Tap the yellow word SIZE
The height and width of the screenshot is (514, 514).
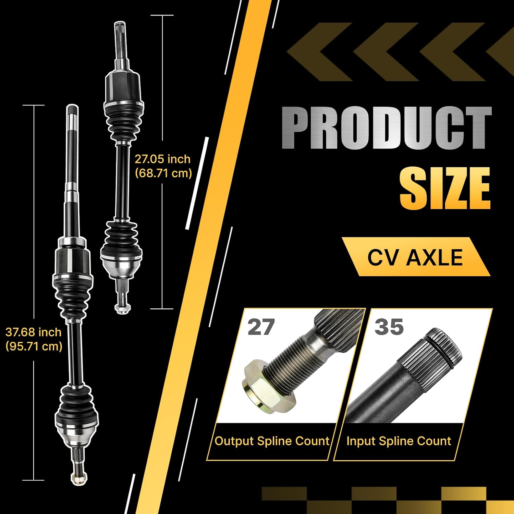point(444,188)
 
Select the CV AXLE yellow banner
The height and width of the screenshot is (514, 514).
point(415,257)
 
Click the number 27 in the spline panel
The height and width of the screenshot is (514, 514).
point(261,327)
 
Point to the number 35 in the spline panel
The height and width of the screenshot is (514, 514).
point(389,327)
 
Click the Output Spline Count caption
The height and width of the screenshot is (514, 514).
point(272,441)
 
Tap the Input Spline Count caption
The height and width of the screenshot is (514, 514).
point(399,441)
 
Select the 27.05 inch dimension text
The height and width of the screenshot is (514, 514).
point(162,159)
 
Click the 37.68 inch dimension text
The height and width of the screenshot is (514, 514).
point(33,332)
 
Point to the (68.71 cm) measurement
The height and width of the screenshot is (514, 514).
point(163,173)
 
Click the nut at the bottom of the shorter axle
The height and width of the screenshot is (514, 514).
point(122,309)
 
